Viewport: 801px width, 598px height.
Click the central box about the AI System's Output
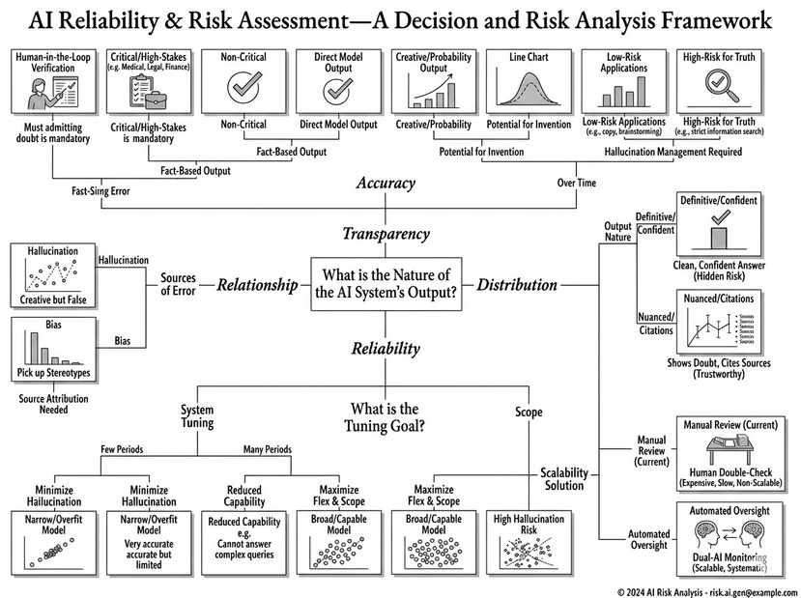(x=386, y=285)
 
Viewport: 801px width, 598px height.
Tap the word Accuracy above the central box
(x=386, y=184)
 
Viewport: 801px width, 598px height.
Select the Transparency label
(x=386, y=234)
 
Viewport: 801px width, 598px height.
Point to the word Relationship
(x=255, y=285)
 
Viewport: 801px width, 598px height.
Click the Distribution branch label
(x=517, y=285)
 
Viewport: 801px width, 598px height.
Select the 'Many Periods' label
(x=267, y=450)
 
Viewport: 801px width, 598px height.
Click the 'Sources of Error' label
(x=178, y=285)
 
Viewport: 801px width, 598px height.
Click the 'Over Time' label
(x=577, y=184)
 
